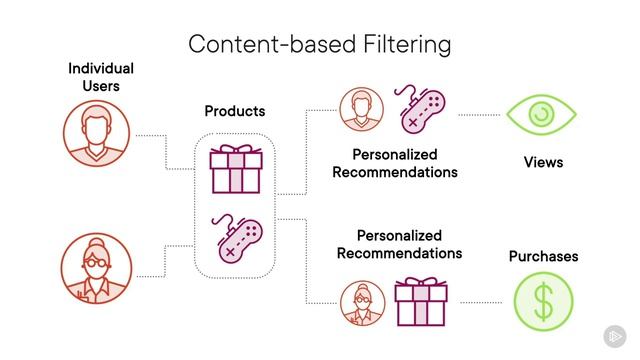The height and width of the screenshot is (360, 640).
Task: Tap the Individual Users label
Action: [101, 77]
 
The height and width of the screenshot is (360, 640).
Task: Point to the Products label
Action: [235, 111]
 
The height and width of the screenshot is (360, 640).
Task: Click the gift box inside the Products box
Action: [234, 167]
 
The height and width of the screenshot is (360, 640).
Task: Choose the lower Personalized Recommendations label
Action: [399, 244]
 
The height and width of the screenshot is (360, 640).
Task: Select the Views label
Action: [543, 162]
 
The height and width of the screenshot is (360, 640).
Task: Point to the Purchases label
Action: [543, 256]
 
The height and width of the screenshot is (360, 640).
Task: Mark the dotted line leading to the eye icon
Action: [479, 116]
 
